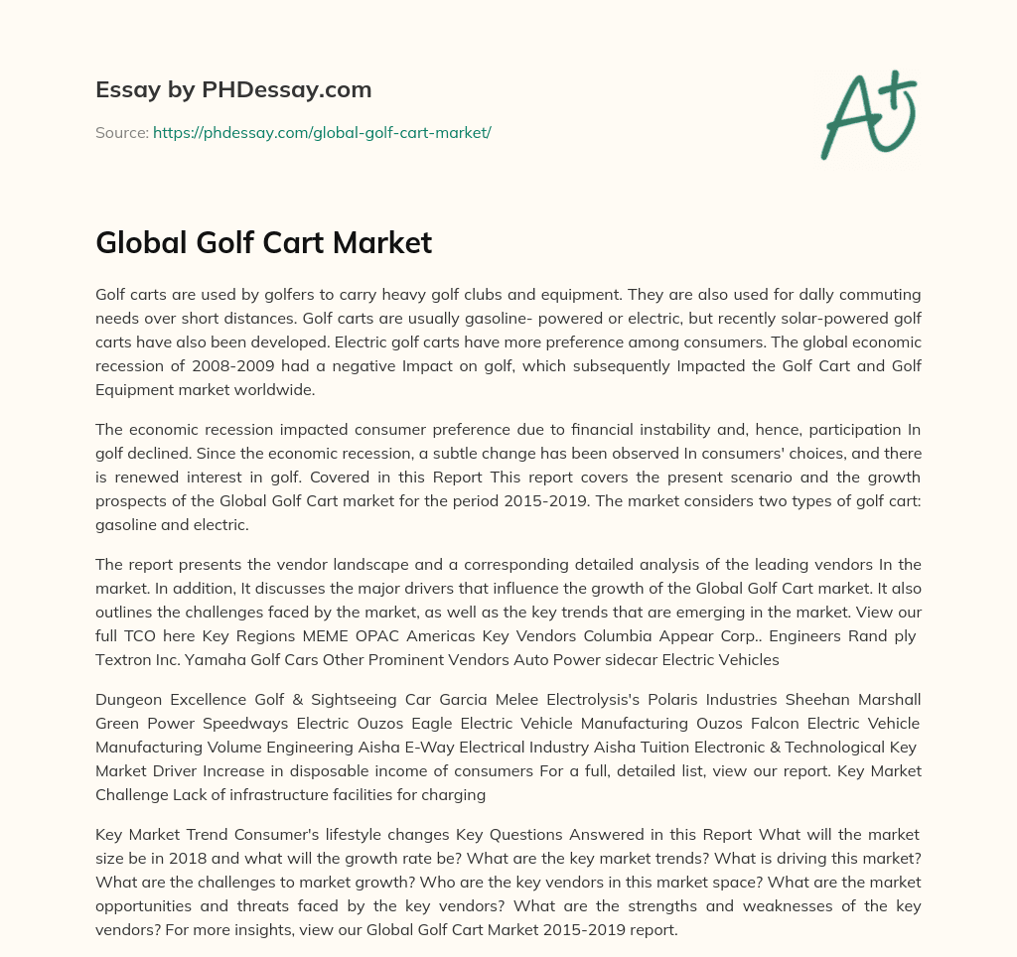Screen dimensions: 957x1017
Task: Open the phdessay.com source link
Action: pyautogui.click(x=322, y=132)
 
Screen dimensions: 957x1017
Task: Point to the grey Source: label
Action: pyautogui.click(x=121, y=132)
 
